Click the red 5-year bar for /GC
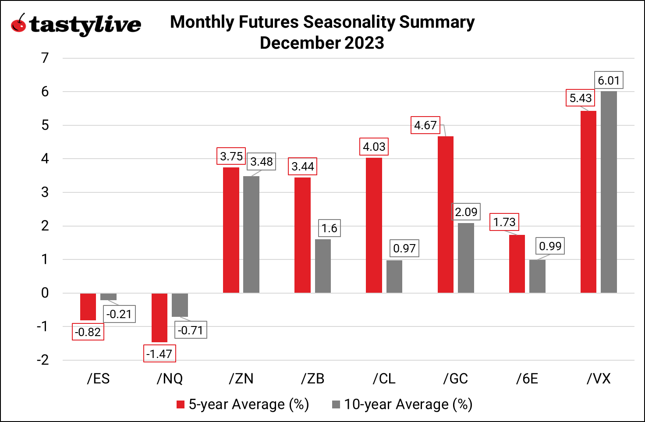point(445,215)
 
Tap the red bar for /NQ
point(159,318)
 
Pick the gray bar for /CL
point(394,277)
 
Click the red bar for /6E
point(517,264)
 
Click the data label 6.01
point(609,81)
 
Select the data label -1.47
point(159,354)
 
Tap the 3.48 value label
point(262,162)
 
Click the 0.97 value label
point(404,248)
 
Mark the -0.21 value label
point(119,314)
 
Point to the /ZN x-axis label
point(241,379)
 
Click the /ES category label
point(98,379)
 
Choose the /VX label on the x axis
point(599,379)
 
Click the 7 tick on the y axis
point(45,58)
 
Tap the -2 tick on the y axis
point(43,360)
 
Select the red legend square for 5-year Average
point(181,404)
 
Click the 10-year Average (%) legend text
point(408,404)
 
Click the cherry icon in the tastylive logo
point(18,24)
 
